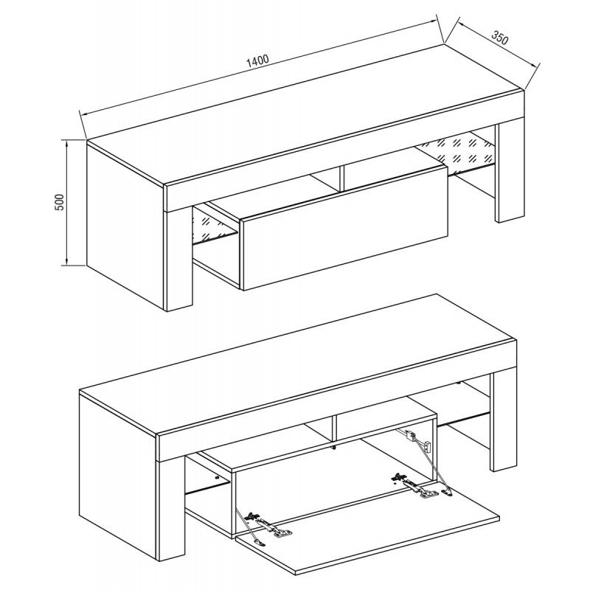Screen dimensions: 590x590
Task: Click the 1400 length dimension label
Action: tap(257, 60)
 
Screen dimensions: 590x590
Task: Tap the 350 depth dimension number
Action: tap(500, 37)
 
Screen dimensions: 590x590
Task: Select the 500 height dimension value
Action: tap(60, 203)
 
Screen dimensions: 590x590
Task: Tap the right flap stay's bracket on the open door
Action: tap(448, 491)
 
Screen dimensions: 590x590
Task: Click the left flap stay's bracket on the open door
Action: tap(258, 542)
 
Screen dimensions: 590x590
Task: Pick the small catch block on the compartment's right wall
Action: tap(427, 447)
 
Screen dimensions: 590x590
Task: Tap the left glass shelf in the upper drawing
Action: tap(215, 225)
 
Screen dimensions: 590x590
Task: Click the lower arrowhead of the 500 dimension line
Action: tap(66, 262)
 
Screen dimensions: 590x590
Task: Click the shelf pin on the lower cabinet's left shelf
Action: tap(217, 477)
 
